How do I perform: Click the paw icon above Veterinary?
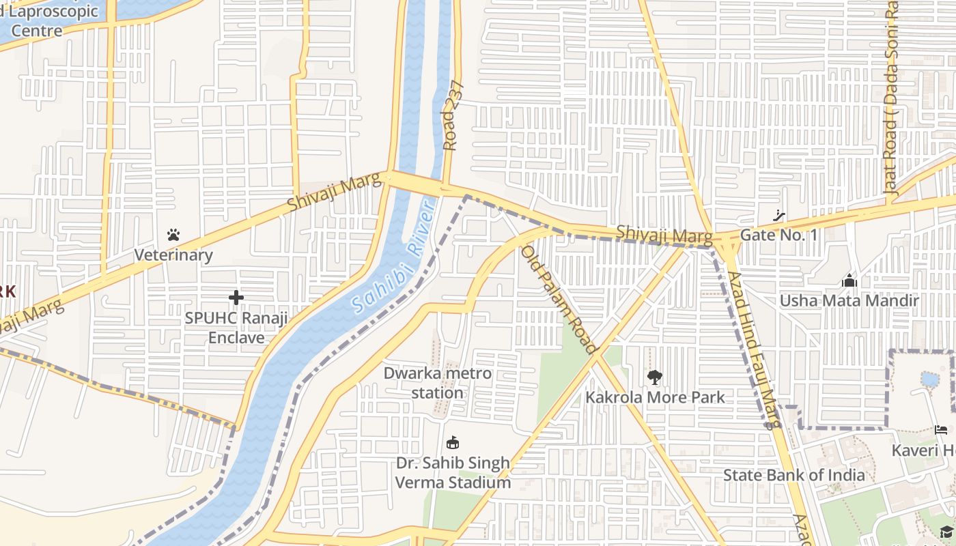(x=173, y=235)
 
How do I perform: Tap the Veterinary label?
(x=173, y=255)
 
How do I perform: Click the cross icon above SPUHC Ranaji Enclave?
(x=236, y=298)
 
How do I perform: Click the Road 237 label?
(x=453, y=116)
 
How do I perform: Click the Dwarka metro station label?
(x=437, y=383)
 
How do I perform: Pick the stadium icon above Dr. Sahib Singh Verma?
(x=452, y=442)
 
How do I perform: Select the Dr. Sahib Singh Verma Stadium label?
(x=453, y=472)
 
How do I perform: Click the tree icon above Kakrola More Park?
(x=654, y=377)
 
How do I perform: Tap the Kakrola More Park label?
(x=655, y=397)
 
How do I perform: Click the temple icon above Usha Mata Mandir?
(x=849, y=281)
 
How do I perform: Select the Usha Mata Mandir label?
(x=849, y=301)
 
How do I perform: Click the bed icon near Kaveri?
(x=941, y=430)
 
